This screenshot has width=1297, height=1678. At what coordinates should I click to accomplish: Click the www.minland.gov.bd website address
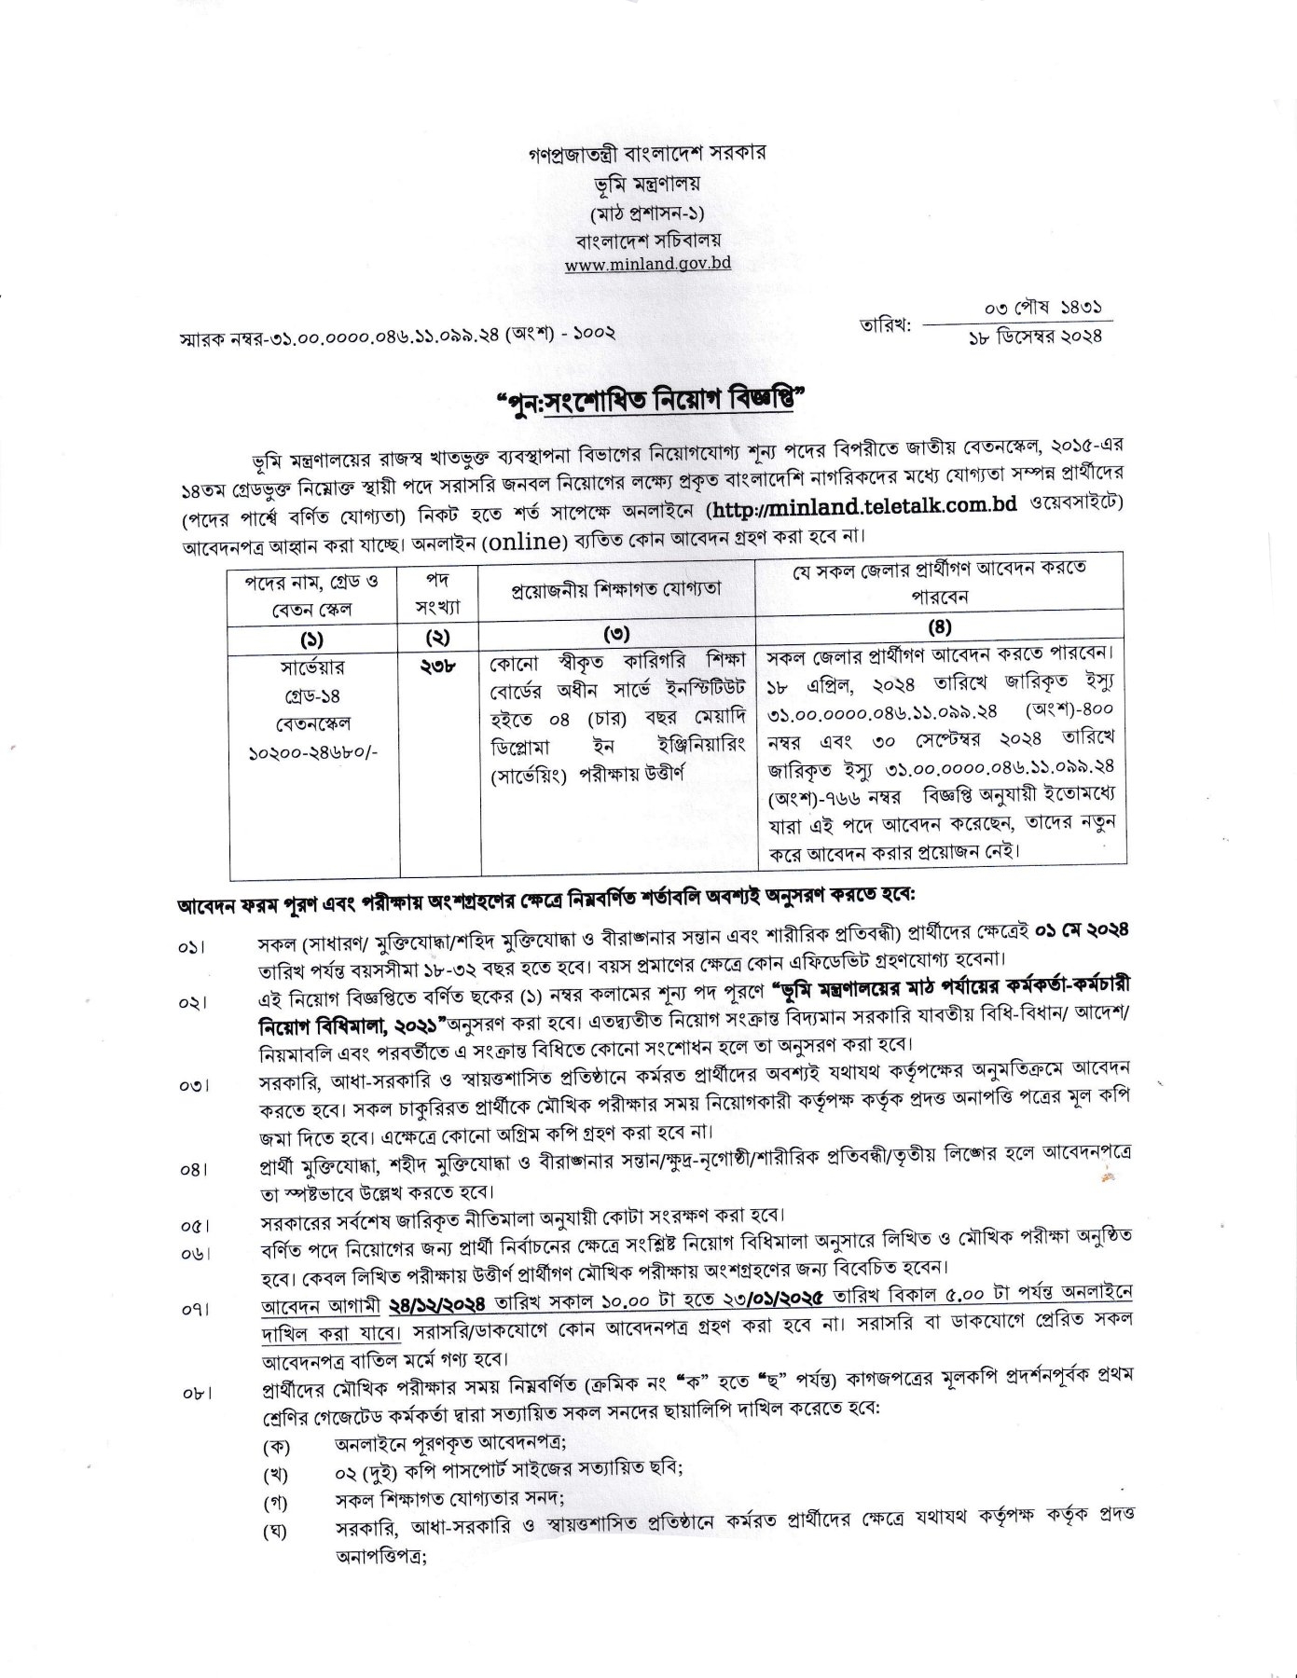(x=648, y=263)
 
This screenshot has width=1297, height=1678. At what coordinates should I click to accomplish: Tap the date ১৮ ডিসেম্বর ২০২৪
(x=1035, y=336)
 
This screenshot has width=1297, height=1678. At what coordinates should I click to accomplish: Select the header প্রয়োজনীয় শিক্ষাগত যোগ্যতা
(x=616, y=589)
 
